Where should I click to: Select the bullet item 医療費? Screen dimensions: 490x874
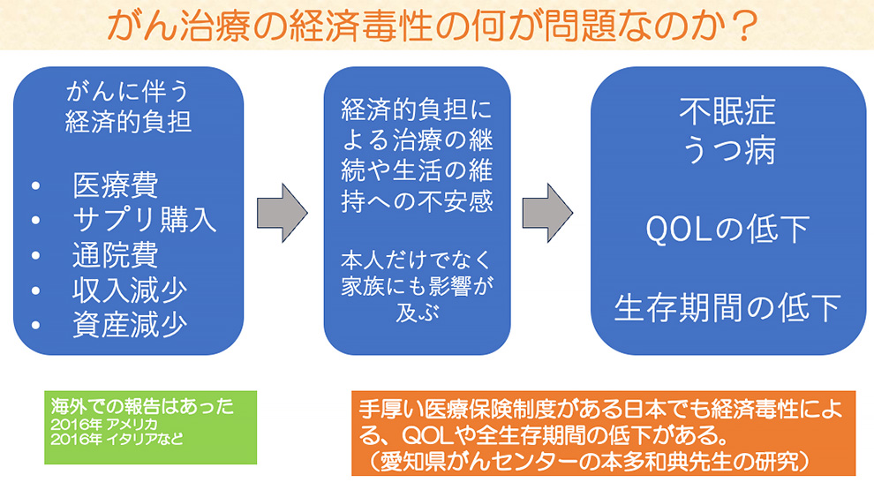coord(115,186)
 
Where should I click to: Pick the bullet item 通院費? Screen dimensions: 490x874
coord(115,255)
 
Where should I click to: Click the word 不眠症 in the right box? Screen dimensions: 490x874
coord(727,111)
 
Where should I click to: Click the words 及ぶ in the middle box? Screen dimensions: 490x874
coord(418,314)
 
